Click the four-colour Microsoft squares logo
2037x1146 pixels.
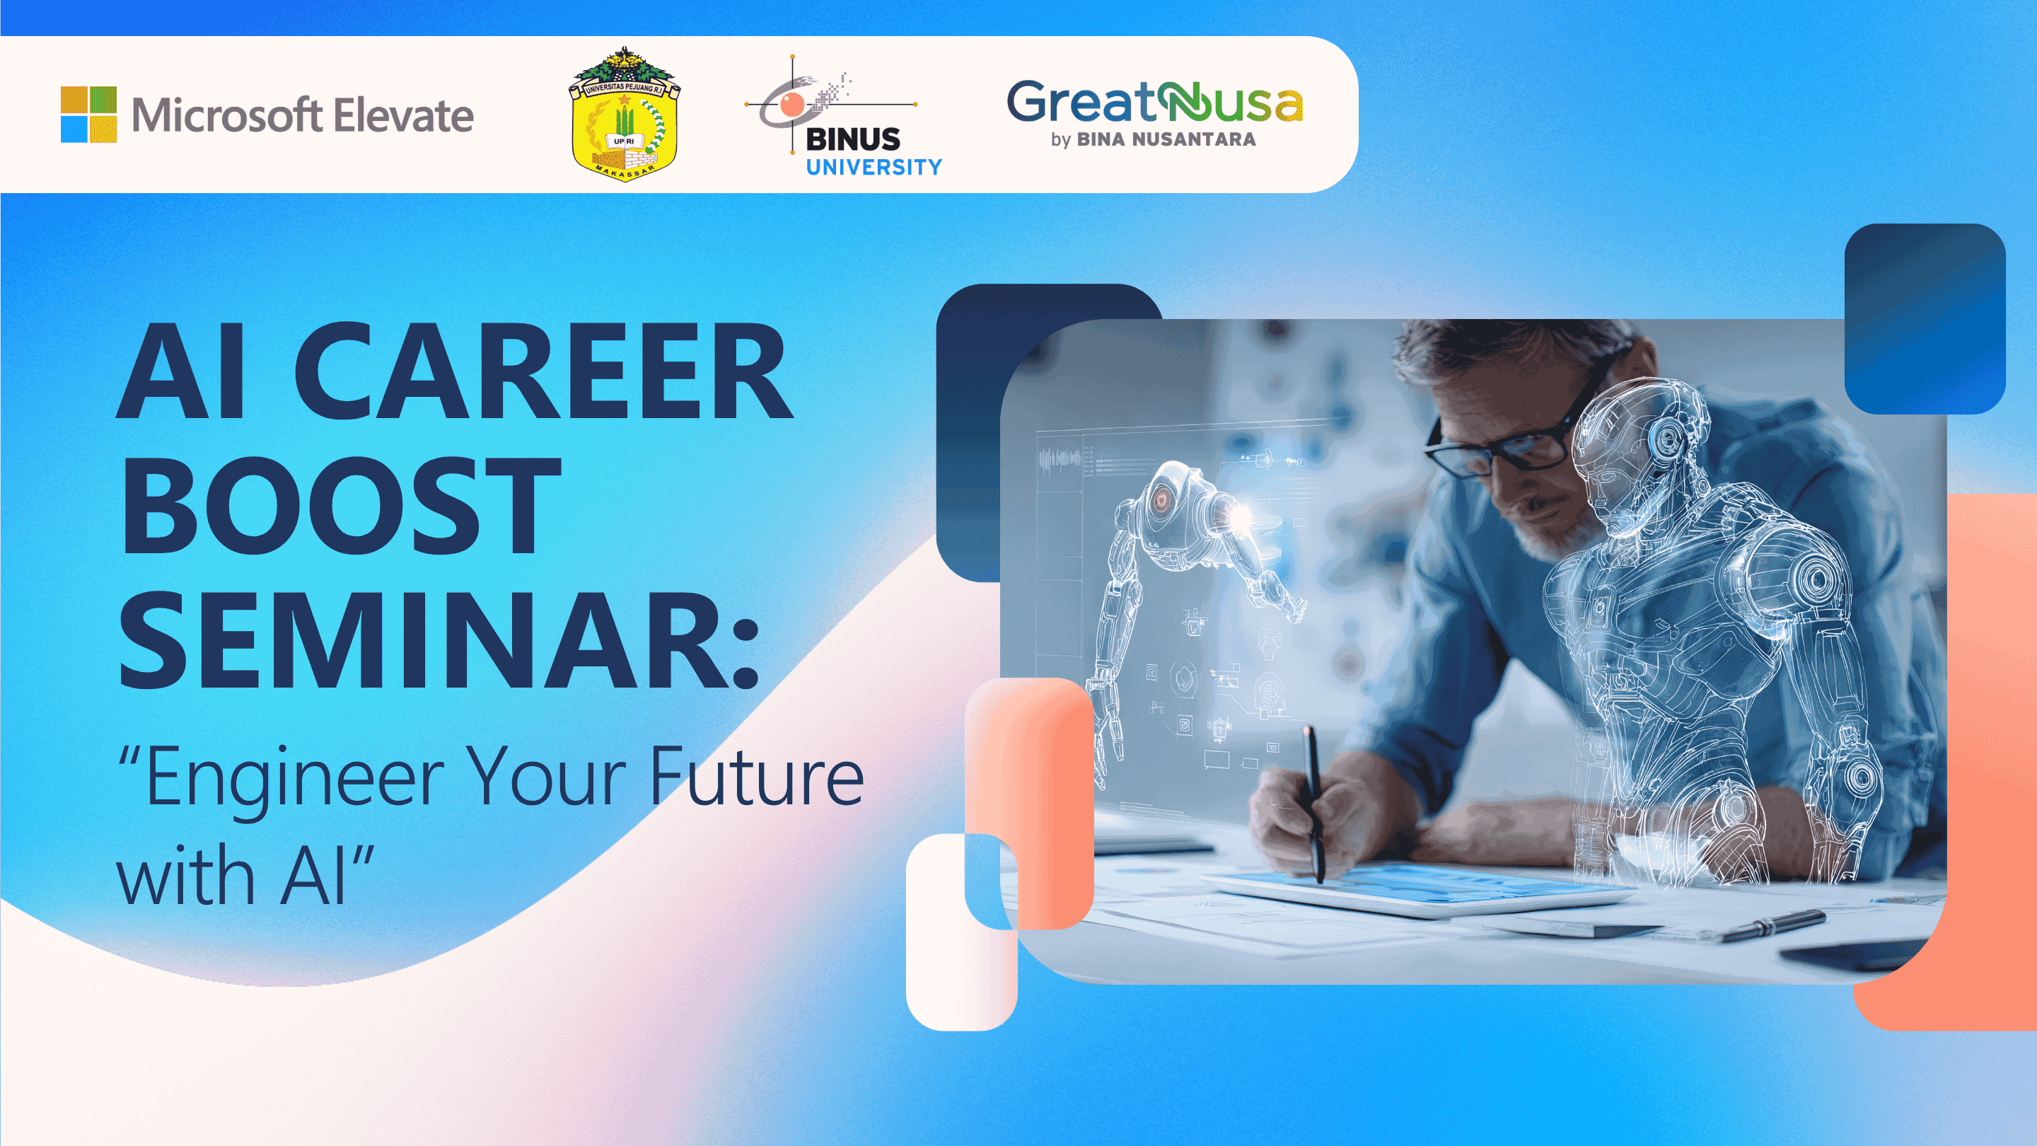(88, 115)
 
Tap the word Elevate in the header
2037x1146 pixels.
(402, 115)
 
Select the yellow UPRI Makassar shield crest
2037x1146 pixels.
(625, 115)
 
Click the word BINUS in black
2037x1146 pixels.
(852, 139)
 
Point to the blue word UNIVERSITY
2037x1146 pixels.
(874, 167)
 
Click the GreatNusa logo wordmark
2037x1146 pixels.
(1154, 103)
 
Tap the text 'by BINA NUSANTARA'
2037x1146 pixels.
(1153, 139)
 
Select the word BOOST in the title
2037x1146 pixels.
(340, 507)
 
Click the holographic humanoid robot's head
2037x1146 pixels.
(1637, 451)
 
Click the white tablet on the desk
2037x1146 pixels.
(1415, 890)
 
